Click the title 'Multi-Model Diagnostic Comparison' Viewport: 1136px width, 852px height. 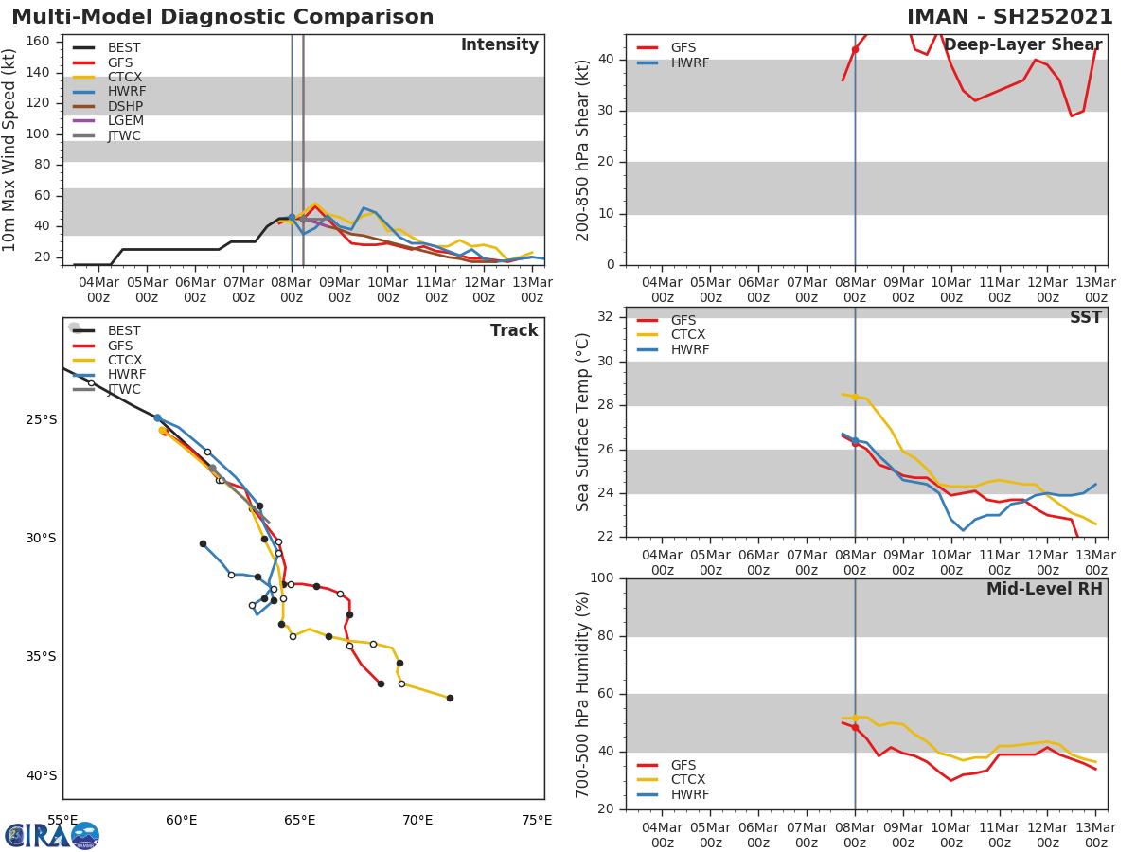222,17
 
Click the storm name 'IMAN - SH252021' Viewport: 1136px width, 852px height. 1009,17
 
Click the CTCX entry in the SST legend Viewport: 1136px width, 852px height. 687,335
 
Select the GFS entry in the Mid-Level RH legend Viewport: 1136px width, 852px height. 683,765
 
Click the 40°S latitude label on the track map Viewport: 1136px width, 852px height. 42,776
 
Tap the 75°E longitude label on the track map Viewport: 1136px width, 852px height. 537,820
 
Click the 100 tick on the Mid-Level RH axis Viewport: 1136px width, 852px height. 601,578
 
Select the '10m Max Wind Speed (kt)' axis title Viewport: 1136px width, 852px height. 10,150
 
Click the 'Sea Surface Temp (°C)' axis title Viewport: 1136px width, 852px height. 583,422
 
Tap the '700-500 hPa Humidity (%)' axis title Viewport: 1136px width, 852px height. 583,694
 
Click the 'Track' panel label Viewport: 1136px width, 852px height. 514,330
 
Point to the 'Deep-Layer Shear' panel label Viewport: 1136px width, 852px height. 1022,45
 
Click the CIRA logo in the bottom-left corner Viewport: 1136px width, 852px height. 52,835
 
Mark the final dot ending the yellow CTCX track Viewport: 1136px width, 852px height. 450,698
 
